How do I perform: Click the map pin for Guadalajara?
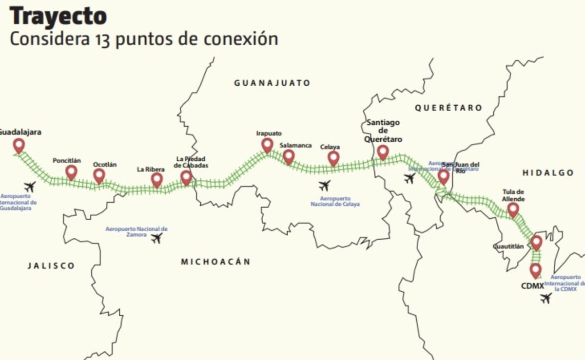click(19, 145)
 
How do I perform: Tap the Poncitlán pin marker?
click(72, 171)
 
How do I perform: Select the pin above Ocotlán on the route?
click(99, 175)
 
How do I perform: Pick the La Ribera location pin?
click(156, 179)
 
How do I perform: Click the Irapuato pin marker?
click(267, 145)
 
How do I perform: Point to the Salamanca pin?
click(289, 156)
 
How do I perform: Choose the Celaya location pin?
click(333, 157)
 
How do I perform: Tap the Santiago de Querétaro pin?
click(383, 152)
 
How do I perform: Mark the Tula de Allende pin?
click(513, 209)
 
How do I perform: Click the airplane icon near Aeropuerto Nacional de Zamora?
click(156, 238)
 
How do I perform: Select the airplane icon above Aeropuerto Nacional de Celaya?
click(324, 186)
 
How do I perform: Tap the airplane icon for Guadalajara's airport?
click(30, 187)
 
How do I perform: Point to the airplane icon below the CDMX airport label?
click(546, 298)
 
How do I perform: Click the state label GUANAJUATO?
click(272, 83)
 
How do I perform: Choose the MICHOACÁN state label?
click(215, 262)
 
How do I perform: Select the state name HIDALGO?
click(548, 173)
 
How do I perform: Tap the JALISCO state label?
click(51, 265)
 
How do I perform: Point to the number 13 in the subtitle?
click(98, 39)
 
